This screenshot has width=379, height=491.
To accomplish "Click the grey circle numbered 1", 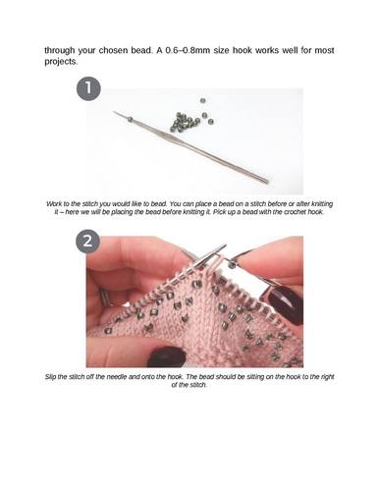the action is coord(88,88).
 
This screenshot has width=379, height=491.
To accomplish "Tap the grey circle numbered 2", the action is coord(88,242).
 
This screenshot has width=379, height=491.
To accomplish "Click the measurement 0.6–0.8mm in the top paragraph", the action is coord(187,51).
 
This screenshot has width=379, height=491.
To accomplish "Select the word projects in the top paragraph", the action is coord(60,62).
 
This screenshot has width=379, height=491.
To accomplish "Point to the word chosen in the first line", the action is coord(113,51).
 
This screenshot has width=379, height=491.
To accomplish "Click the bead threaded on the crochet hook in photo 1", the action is coord(131,120).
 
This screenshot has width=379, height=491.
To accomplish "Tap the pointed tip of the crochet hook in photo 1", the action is coord(114,112).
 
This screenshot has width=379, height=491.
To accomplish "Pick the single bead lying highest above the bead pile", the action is coord(202,100).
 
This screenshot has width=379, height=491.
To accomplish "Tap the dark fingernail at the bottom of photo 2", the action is coord(166,356).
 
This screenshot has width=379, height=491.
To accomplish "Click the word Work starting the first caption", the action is coord(53,204).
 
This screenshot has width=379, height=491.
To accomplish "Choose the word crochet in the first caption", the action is coord(294,212).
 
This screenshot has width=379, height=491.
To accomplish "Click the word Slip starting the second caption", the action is coord(50,377).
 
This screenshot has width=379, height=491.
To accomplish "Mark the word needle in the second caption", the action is coord(117,377).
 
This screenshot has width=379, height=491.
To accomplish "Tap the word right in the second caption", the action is coord(327,377).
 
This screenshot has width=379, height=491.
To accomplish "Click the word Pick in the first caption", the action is coord(219,212).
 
